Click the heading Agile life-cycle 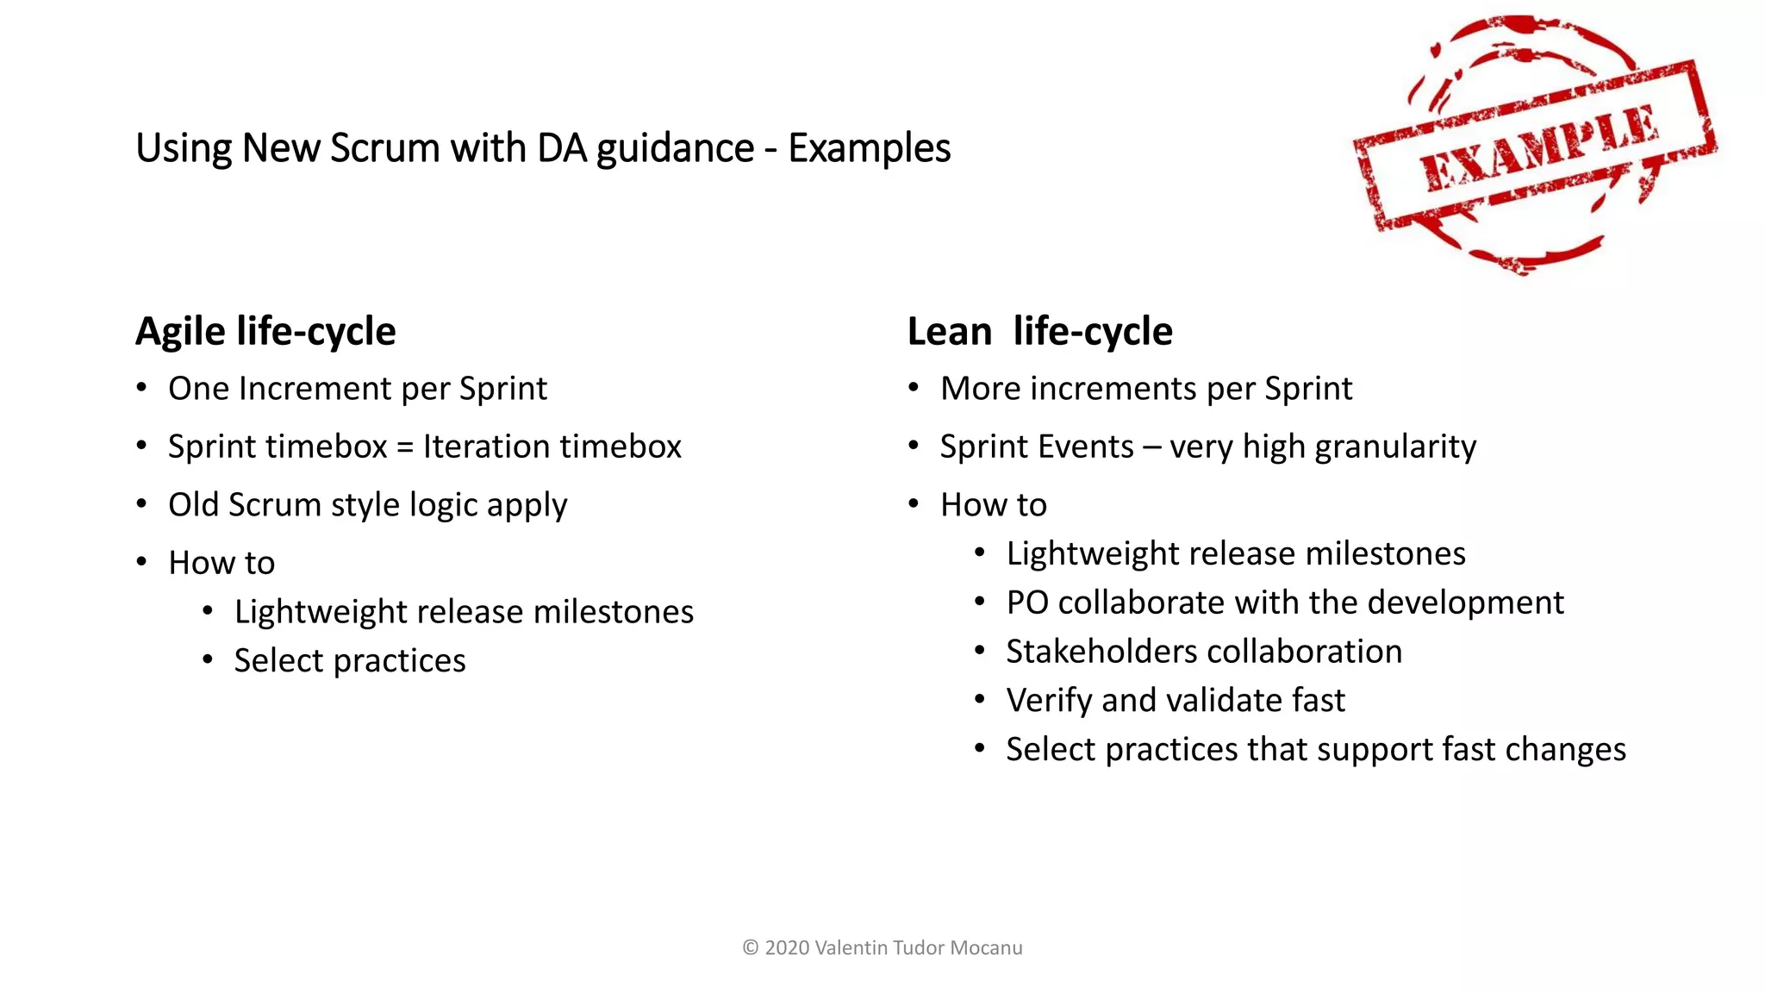pyautogui.click(x=265, y=331)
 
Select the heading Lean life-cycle pyautogui.click(x=1039, y=331)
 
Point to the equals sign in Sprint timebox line pyautogui.click(x=405, y=447)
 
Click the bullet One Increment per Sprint pyautogui.click(x=357, y=389)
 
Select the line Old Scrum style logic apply pyautogui.click(x=367, y=505)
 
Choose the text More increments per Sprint pyautogui.click(x=1146, y=389)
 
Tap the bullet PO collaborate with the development pyautogui.click(x=1284, y=603)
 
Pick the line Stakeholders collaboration pyautogui.click(x=1204, y=652)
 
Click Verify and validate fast pyautogui.click(x=1176, y=701)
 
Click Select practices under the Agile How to pyautogui.click(x=349, y=661)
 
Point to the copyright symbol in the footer pyautogui.click(x=750, y=948)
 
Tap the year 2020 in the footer pyautogui.click(x=787, y=948)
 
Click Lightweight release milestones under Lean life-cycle pyautogui.click(x=1235, y=553)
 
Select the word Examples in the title pyautogui.click(x=869, y=147)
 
